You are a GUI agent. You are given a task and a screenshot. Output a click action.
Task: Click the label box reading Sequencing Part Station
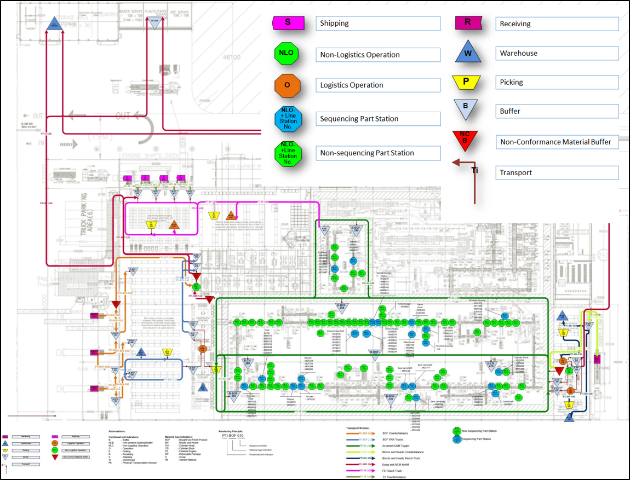[x=378, y=119]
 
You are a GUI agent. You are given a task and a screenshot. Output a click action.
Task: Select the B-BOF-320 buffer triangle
[x=356, y=230]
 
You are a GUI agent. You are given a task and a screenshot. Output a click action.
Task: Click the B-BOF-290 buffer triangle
[x=341, y=308]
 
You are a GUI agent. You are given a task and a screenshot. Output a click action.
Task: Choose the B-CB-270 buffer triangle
[x=491, y=365]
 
